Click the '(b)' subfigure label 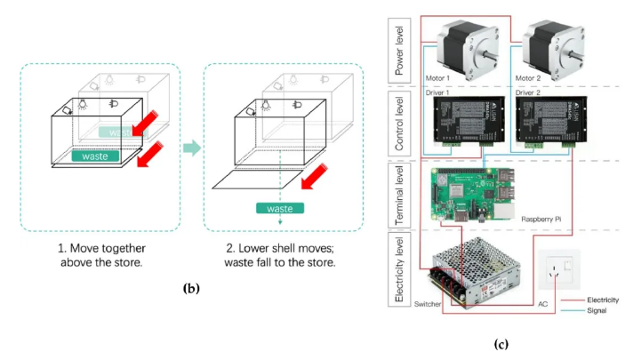[x=191, y=288]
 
